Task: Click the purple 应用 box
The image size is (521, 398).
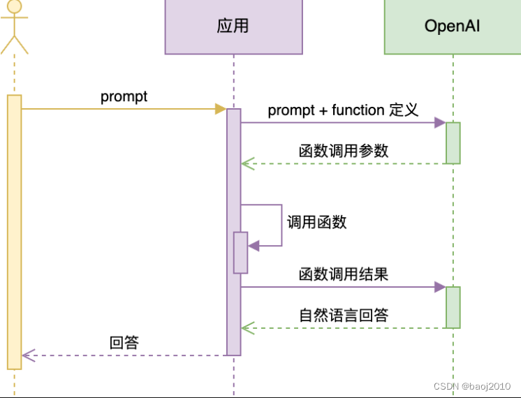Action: (233, 27)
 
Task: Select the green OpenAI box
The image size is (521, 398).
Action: (452, 27)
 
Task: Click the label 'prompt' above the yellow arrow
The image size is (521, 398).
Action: (124, 96)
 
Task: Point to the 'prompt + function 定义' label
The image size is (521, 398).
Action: (343, 110)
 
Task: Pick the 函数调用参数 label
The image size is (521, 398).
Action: (343, 151)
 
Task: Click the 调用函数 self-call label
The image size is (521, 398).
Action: (316, 222)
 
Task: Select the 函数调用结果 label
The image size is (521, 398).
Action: (343, 274)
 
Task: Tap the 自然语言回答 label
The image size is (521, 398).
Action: (343, 315)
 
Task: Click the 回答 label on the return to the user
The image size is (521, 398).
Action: (124, 342)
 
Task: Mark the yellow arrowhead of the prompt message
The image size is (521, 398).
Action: (221, 109)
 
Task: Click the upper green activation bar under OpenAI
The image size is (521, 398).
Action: (453, 143)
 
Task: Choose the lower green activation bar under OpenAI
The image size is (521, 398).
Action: (453, 307)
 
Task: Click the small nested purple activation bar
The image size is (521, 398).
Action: (240, 252)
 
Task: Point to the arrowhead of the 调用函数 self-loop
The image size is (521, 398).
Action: (253, 246)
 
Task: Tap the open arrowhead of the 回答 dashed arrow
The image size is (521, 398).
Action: (27, 355)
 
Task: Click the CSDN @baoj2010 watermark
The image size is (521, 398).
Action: (471, 386)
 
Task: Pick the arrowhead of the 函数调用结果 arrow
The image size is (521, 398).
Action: (440, 287)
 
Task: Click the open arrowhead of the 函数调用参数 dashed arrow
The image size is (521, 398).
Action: (246, 164)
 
